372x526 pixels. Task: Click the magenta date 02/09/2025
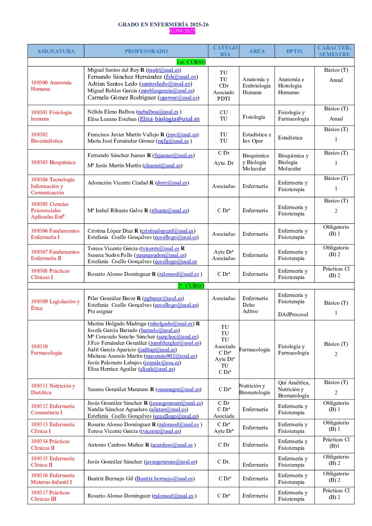182,31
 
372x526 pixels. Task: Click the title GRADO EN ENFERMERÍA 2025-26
163,25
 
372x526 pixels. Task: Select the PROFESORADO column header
146,51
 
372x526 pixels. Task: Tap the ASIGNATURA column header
56,51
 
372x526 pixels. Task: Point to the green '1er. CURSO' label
191,62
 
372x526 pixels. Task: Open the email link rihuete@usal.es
169,210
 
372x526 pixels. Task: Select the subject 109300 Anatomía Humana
51,86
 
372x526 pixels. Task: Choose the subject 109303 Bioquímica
53,162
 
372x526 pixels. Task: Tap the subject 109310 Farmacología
46,350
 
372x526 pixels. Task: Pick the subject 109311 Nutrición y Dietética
53,389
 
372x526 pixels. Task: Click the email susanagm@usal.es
178,389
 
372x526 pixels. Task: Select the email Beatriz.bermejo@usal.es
165,479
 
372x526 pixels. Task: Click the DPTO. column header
294,51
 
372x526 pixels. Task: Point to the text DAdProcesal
293,314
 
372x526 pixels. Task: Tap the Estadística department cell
290,138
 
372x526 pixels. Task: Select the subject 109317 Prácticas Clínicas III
50,496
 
